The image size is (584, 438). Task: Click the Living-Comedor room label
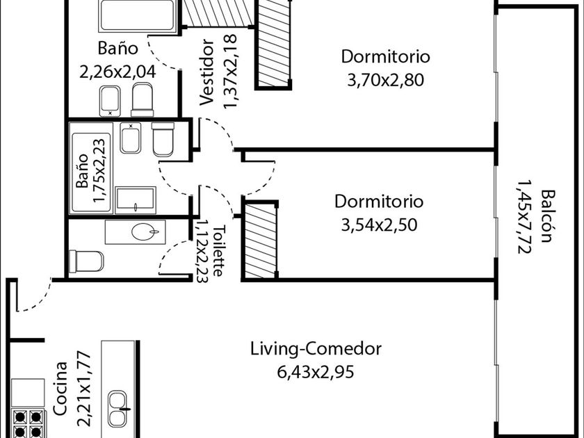tap(316, 349)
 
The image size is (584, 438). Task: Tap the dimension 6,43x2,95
tap(316, 372)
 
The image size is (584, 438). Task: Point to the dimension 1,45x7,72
tap(524, 217)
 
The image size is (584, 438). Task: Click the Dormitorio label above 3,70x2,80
tap(385, 56)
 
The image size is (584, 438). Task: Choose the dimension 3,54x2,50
tap(379, 225)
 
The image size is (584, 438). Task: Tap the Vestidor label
tap(206, 72)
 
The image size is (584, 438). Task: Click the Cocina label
tap(60, 388)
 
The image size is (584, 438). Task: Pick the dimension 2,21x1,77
tap(84, 389)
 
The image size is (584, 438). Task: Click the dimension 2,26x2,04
tap(117, 72)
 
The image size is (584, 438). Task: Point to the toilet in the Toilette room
tap(86, 261)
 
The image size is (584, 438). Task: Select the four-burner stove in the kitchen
tap(29, 423)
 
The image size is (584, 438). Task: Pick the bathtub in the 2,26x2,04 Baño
tap(138, 15)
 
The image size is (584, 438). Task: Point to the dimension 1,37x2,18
tap(230, 72)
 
